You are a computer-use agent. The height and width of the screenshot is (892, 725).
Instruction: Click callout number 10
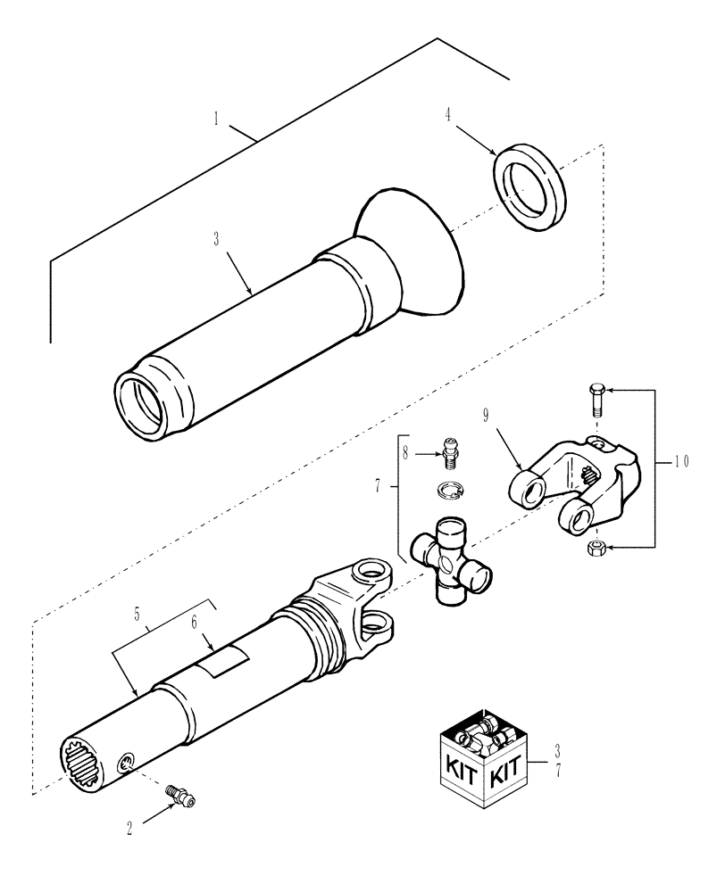(681, 462)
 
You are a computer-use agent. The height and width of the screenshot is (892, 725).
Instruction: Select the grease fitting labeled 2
(182, 794)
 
